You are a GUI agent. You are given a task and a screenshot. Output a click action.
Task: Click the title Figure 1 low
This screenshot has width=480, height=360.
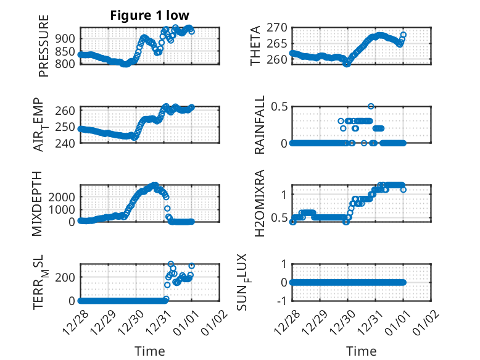(x=150, y=15)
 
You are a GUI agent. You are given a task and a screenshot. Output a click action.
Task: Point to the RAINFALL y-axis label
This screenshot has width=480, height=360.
(x=260, y=125)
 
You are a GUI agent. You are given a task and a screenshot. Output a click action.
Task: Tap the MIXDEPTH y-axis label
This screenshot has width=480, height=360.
(x=43, y=203)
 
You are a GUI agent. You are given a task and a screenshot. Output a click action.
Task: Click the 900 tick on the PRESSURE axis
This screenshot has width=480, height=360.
(x=66, y=38)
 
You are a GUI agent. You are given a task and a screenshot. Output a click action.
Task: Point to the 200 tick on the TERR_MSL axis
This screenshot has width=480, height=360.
(x=66, y=277)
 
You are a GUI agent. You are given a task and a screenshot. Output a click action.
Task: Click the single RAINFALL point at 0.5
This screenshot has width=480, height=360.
(x=371, y=106)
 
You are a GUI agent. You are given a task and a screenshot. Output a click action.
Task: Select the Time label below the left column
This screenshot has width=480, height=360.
(x=150, y=351)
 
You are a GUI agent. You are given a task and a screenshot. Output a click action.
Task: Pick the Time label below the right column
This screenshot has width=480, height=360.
(x=362, y=351)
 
